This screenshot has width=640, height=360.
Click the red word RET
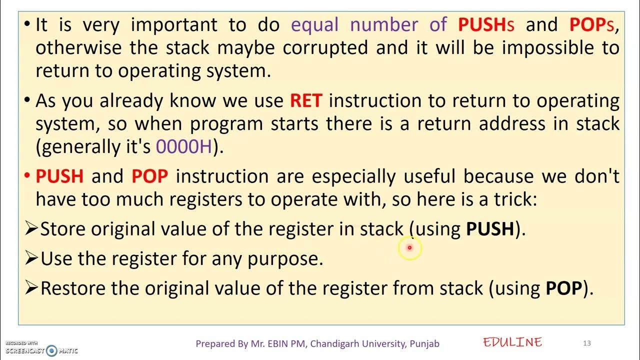[x=306, y=101]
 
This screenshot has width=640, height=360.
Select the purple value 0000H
[x=184, y=146]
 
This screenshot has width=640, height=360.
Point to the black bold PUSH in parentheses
[x=490, y=229]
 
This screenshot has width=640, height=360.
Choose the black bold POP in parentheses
[x=563, y=288]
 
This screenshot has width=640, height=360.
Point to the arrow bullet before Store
[x=31, y=229]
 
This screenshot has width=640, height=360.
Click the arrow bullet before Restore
[x=31, y=288]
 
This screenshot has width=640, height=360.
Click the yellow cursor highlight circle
[x=409, y=247]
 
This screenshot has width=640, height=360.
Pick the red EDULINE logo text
[x=512, y=342]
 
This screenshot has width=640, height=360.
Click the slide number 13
[x=587, y=343]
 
